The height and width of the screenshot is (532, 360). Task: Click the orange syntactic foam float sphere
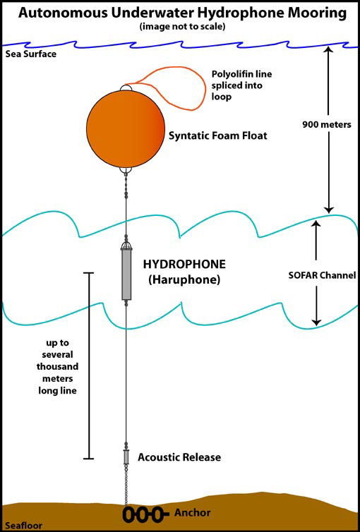(x=126, y=128)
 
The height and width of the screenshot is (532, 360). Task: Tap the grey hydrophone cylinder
(x=126, y=274)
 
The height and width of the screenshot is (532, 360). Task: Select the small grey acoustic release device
(x=126, y=457)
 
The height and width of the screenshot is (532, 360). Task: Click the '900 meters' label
(x=327, y=124)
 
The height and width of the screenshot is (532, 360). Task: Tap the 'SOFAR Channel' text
(x=323, y=275)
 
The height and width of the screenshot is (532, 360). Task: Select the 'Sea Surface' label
(x=31, y=54)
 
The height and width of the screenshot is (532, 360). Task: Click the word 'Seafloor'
(x=24, y=526)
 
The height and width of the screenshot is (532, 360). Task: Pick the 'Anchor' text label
(x=193, y=513)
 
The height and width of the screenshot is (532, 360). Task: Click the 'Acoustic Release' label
(x=179, y=457)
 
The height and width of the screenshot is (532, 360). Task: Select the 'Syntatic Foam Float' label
(x=218, y=135)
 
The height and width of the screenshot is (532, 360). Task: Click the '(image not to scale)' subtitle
(x=182, y=27)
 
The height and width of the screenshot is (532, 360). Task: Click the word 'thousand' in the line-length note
(x=57, y=367)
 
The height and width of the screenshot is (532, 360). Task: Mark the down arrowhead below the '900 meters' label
(x=328, y=210)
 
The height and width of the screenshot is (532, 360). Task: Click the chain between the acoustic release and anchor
(x=126, y=485)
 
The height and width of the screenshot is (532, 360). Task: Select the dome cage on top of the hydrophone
(x=126, y=246)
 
